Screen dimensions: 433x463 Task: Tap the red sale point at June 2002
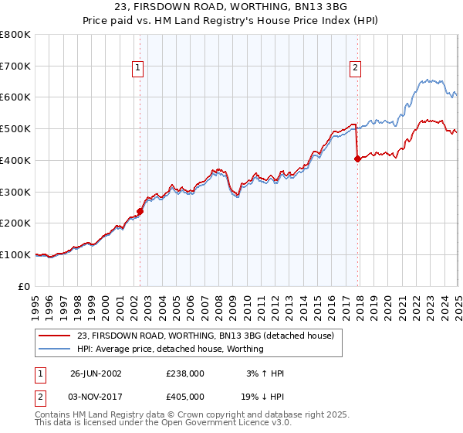(140, 210)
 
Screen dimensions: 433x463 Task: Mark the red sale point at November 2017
(357, 159)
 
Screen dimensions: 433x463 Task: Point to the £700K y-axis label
(15, 66)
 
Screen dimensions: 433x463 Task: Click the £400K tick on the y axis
(15, 160)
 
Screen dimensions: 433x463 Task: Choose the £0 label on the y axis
(25, 286)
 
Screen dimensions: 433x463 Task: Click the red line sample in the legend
(55, 336)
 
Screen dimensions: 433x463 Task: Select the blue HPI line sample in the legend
(55, 349)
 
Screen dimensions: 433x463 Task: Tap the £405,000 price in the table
(184, 396)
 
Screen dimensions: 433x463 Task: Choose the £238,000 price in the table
(184, 373)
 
